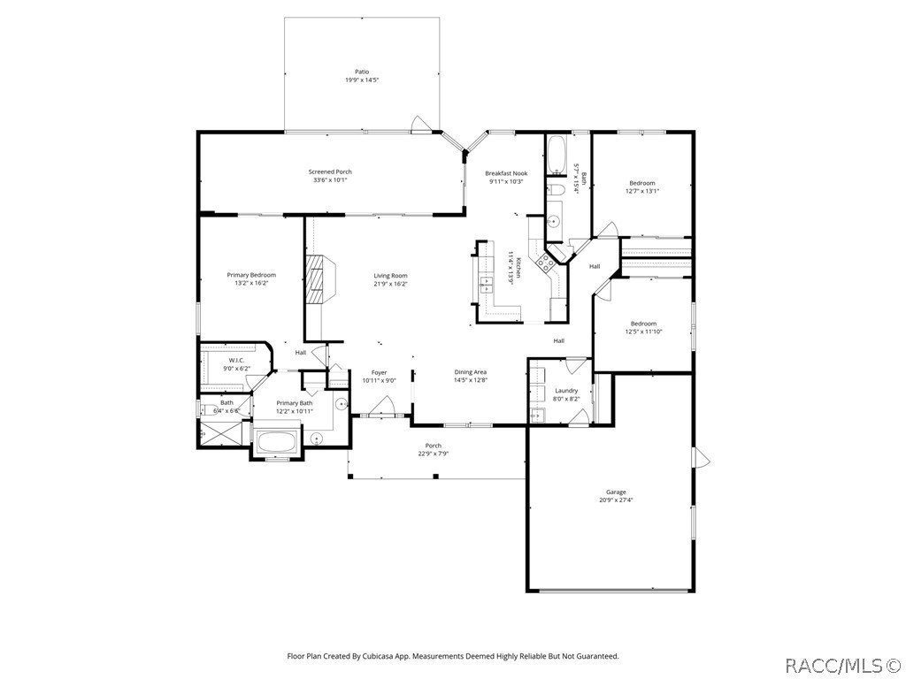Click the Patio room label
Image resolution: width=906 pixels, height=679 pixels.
click(362, 72)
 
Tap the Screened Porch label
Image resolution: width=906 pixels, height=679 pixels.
click(330, 172)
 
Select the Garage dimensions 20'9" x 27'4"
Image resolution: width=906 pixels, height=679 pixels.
click(616, 500)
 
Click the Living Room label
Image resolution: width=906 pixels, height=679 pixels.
click(390, 275)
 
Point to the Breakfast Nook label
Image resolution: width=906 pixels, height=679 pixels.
click(507, 173)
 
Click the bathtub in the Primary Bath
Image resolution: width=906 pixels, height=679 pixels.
click(279, 441)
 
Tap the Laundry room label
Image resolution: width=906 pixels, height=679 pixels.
click(566, 390)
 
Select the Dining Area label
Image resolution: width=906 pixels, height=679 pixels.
click(471, 371)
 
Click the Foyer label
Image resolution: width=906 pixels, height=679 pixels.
click(379, 372)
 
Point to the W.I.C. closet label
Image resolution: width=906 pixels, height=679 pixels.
click(236, 360)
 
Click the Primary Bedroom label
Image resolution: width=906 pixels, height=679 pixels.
click(251, 275)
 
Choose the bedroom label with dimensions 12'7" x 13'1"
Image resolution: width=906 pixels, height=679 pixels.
click(642, 183)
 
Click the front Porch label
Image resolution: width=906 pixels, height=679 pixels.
click(434, 446)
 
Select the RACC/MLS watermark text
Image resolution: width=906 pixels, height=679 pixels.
click(841, 663)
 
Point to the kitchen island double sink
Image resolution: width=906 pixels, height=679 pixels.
click(488, 283)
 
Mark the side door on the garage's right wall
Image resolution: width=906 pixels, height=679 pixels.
click(702, 457)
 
